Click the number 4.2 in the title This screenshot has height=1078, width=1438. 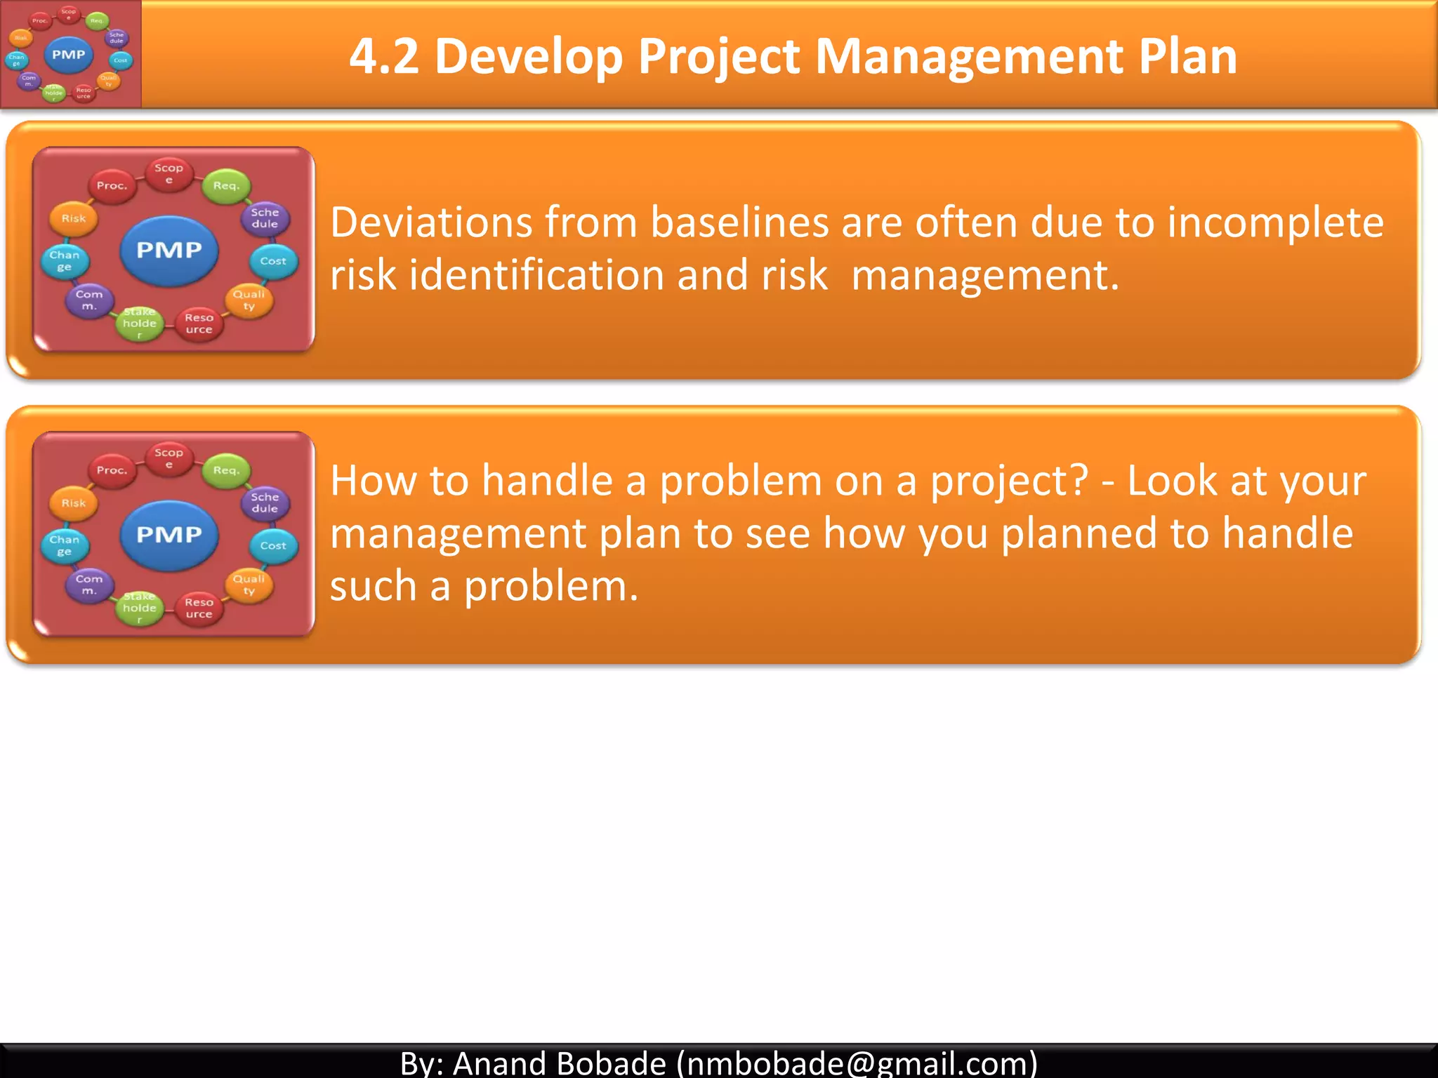[x=384, y=56]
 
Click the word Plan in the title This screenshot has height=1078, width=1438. [x=1187, y=56]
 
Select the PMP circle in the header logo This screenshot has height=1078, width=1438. [x=68, y=55]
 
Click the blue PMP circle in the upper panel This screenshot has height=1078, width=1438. [x=169, y=251]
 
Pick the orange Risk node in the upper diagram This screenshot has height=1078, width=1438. [x=74, y=218]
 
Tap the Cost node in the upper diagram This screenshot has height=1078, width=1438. [x=273, y=261]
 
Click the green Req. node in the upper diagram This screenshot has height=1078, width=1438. [x=226, y=186]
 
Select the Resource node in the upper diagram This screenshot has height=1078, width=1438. [x=199, y=324]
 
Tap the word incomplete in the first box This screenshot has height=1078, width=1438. [x=1275, y=222]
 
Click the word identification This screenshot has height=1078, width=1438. [x=536, y=275]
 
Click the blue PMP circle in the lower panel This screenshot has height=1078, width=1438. [x=169, y=535]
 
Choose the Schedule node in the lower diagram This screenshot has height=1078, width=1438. [x=265, y=503]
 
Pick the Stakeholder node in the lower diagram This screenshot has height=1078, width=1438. [x=139, y=608]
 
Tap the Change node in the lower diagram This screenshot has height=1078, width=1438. [x=65, y=545]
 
